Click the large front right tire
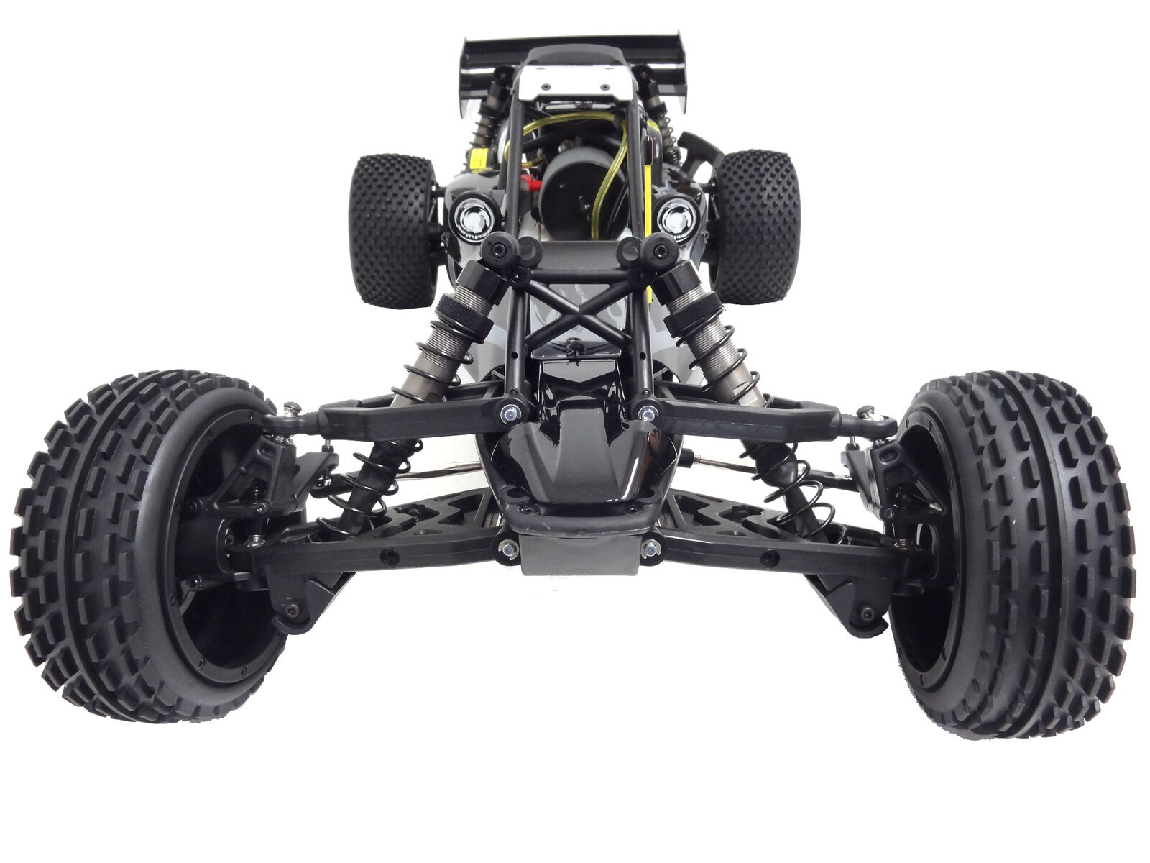click(x=1071, y=554)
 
